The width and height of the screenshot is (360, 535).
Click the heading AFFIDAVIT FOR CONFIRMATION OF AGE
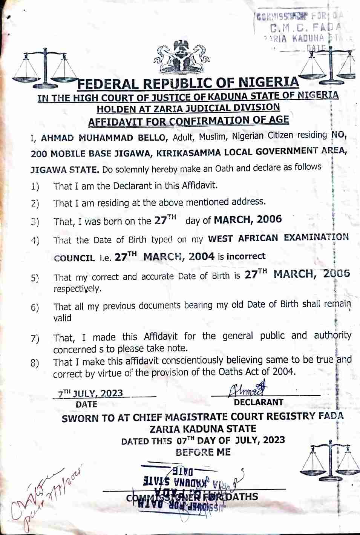188,121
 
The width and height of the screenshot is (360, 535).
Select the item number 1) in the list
35,186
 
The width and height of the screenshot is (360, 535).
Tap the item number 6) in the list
35,308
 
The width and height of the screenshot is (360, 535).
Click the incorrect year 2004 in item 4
202,257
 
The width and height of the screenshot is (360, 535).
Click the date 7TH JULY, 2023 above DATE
90,393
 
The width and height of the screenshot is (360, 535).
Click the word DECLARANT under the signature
259,402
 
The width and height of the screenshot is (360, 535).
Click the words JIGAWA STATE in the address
64,169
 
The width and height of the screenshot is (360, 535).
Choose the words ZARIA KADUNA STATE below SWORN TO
203,429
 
